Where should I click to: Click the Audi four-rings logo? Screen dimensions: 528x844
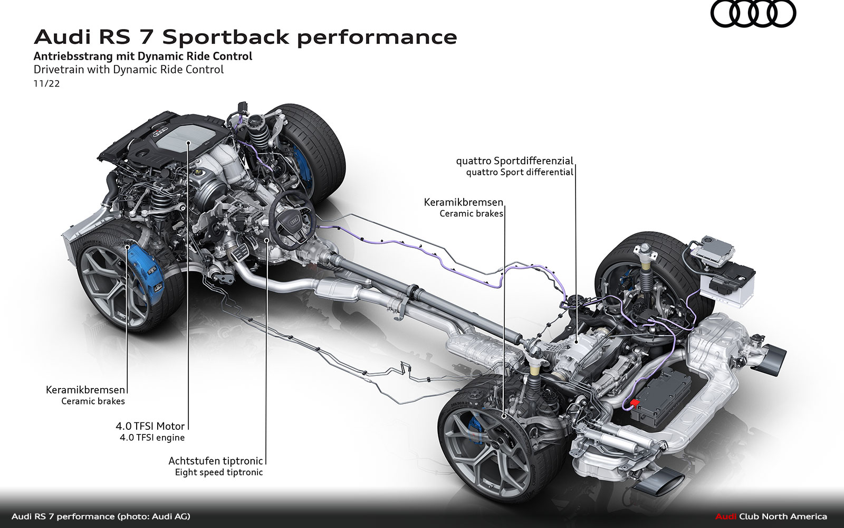(753, 15)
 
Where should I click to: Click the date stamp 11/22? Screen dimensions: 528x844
(46, 83)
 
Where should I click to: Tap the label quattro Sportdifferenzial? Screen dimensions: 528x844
(514, 161)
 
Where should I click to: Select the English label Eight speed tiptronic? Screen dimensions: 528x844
(218, 472)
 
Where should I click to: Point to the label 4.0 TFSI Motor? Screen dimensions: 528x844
(150, 426)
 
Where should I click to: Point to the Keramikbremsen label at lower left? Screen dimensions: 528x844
(85, 390)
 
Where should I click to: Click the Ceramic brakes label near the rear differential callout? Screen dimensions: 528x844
(471, 214)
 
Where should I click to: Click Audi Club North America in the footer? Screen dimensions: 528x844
(771, 516)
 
